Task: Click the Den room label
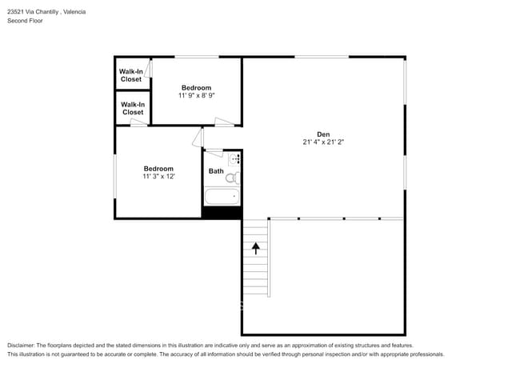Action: pos(323,134)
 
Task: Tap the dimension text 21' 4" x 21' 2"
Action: pos(323,142)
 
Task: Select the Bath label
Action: pos(216,171)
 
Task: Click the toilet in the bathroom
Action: pos(233,178)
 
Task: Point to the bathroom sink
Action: pos(234,159)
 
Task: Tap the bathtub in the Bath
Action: pos(222,197)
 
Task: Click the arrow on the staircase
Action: pos(256,248)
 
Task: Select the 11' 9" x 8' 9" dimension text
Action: pos(197,95)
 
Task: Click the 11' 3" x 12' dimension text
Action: pos(158,176)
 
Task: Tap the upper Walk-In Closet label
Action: pos(131,75)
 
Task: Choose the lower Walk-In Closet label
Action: pos(133,109)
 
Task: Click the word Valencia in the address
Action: pos(74,12)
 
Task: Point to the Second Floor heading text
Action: pos(26,21)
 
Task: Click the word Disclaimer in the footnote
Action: pos(21,346)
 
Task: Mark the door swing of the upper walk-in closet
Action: pos(148,69)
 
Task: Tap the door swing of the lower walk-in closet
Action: pos(138,122)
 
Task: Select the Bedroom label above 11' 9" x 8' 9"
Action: pos(196,88)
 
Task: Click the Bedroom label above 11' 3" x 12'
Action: pos(158,169)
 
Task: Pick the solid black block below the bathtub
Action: pos(222,213)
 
